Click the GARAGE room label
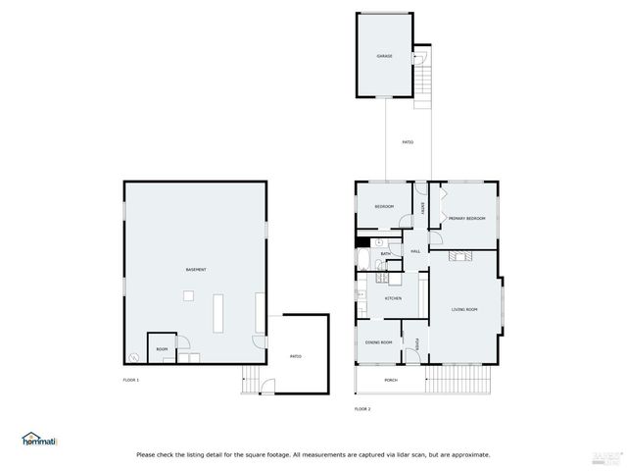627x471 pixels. (385, 56)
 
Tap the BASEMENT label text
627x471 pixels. (196, 269)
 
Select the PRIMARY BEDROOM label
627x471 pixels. (467, 218)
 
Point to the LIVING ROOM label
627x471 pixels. (464, 309)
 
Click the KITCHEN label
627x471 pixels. (393, 298)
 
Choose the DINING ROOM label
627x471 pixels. (379, 342)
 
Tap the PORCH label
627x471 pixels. (391, 380)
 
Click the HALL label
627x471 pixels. (415, 252)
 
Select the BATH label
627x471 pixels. (386, 253)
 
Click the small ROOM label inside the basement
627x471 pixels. (162, 349)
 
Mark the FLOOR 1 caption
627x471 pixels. (131, 380)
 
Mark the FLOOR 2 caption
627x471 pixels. (362, 408)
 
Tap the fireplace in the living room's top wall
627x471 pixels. (460, 255)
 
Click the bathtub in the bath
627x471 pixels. (363, 261)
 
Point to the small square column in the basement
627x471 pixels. (189, 295)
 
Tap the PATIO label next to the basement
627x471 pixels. (295, 356)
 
